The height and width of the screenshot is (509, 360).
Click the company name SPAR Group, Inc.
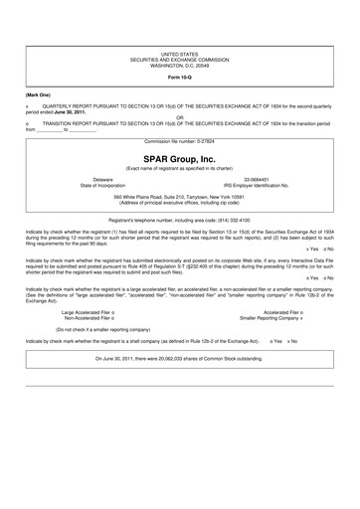179,158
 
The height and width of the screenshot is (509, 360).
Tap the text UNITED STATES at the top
179,52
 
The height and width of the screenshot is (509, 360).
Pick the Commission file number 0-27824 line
179,141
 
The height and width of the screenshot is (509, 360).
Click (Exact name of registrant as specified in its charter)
179,168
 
